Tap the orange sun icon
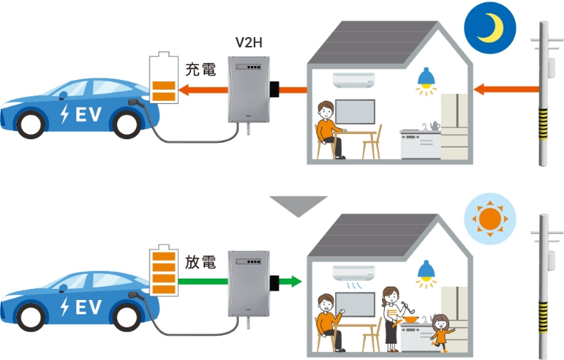pos(488,219)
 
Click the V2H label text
pos(249,43)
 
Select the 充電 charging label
pos(200,71)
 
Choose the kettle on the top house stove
pos(430,125)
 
